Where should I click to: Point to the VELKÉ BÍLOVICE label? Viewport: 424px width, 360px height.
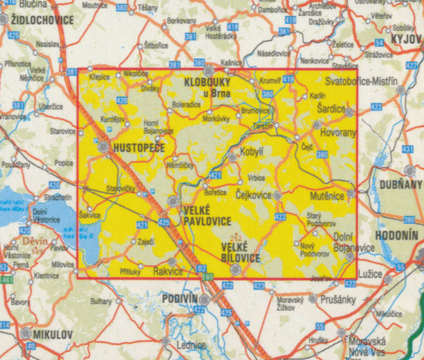241,253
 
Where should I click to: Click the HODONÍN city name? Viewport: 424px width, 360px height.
397,234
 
